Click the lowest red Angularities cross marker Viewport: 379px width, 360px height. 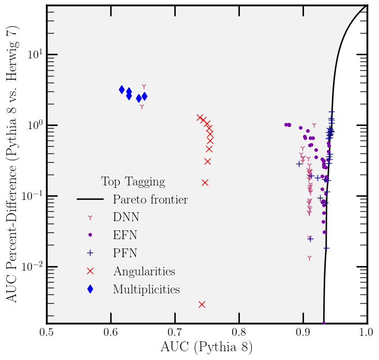click(202, 304)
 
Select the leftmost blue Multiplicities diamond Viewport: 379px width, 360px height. click(122, 89)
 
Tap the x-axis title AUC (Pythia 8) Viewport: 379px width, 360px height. click(206, 348)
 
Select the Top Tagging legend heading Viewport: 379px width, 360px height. click(133, 182)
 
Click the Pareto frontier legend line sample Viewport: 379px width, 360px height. click(90, 199)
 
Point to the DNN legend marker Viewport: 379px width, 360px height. click(90, 217)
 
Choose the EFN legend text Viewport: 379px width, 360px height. click(125, 235)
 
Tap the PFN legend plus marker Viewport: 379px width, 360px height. click(90, 253)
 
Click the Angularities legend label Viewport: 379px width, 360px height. click(144, 271)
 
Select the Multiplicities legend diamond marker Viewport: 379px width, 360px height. click(90, 289)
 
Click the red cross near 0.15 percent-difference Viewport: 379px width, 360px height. click(205, 182)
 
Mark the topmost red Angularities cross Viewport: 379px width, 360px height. click(200, 118)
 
